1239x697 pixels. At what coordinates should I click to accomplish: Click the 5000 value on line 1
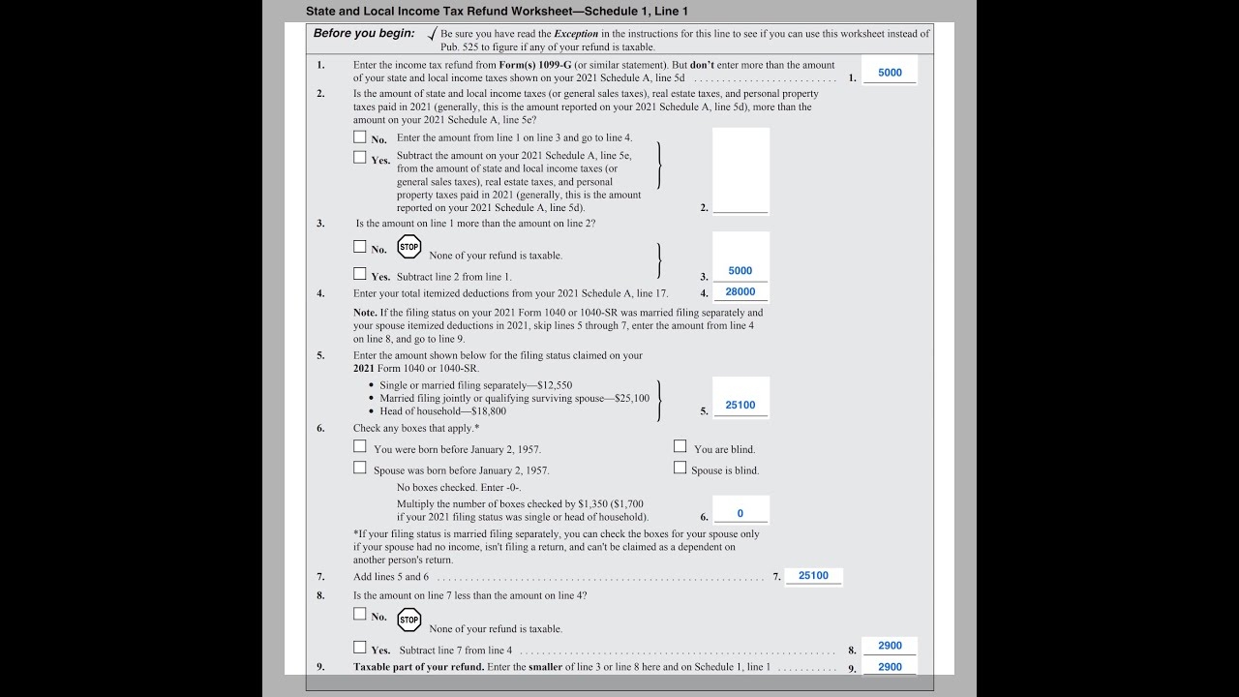(x=890, y=73)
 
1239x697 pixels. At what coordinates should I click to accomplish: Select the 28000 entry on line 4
(x=740, y=291)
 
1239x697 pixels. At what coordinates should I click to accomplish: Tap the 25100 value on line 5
(x=740, y=405)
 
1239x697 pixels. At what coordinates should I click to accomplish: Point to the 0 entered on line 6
(x=740, y=513)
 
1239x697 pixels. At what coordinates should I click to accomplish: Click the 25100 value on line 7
(x=813, y=575)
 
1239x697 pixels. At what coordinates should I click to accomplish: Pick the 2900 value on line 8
(x=890, y=646)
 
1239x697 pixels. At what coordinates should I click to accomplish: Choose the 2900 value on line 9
(x=890, y=667)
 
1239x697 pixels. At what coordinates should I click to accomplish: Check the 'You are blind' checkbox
(x=680, y=446)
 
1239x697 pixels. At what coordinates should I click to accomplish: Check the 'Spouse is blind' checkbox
(x=680, y=468)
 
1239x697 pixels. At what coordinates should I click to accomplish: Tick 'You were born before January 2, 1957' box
(x=360, y=446)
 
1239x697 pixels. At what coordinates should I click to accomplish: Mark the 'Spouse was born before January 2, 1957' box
(x=360, y=468)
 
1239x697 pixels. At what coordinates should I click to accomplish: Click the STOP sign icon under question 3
(x=409, y=247)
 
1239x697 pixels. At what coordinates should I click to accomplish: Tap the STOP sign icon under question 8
(x=409, y=620)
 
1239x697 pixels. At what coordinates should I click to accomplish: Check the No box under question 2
(x=360, y=136)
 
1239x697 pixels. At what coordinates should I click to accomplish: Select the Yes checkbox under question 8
(x=360, y=647)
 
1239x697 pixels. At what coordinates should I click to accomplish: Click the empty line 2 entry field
(x=740, y=170)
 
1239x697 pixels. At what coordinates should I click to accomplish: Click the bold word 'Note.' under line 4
(x=365, y=313)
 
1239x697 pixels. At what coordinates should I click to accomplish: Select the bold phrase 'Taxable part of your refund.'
(x=418, y=667)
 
